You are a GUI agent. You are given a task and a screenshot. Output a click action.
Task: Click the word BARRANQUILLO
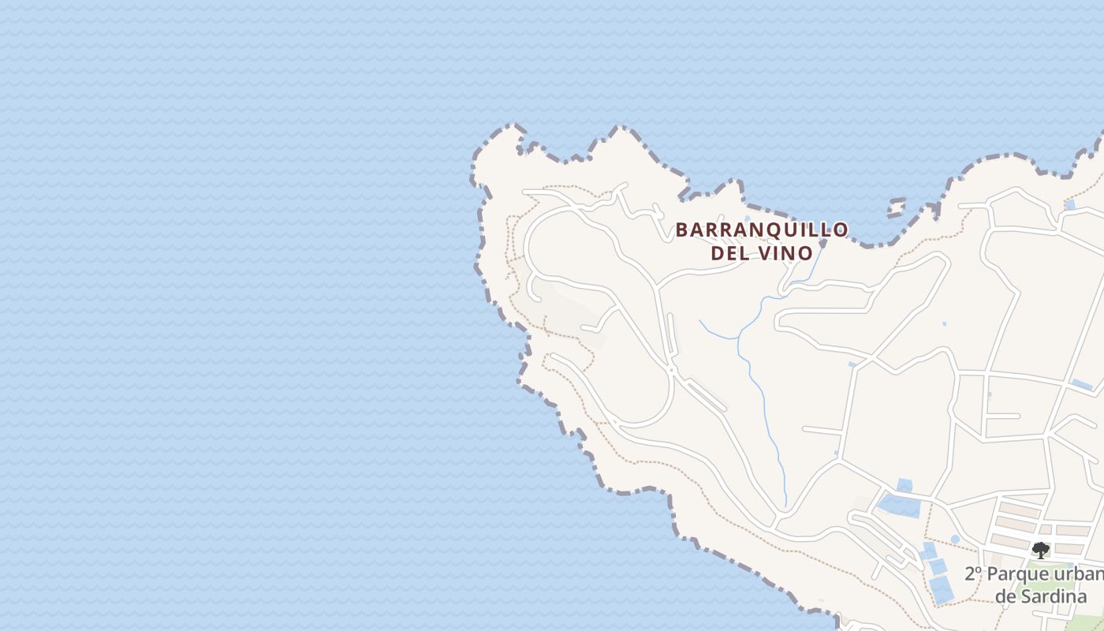[x=762, y=230]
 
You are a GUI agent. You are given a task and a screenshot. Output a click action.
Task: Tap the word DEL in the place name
[x=729, y=253]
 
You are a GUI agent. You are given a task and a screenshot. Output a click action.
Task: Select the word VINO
[x=784, y=253]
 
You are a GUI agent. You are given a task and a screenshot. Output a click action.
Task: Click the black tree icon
[x=1041, y=550]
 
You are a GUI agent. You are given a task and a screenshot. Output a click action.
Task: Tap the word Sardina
[x=1052, y=596]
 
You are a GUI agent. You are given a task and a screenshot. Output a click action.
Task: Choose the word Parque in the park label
[x=1017, y=573]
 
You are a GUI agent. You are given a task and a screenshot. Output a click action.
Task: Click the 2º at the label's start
[x=974, y=573]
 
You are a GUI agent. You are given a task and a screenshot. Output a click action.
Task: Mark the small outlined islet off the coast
[x=896, y=207]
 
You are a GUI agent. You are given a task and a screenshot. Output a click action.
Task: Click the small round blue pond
[x=955, y=540]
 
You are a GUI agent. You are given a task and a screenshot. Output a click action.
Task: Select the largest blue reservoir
[x=899, y=505]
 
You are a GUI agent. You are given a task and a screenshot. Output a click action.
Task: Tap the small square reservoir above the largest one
[x=904, y=485]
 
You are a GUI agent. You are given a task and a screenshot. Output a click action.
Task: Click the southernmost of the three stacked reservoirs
[x=942, y=590]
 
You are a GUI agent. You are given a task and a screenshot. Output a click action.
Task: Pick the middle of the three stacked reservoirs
[x=938, y=566]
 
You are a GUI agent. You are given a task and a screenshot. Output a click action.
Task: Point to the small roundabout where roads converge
[x=672, y=368]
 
